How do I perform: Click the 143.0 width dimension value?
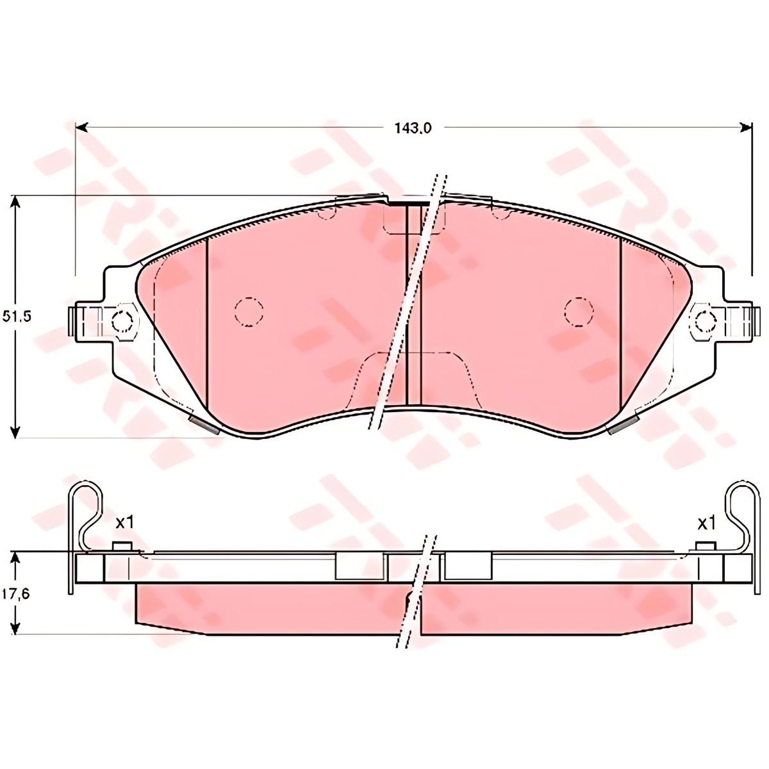413,129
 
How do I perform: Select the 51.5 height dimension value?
17,317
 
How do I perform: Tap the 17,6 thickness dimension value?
16,593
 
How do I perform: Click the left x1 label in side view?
124,522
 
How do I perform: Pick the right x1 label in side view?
706,524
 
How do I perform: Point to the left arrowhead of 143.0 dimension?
81,128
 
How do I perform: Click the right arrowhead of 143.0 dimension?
746,128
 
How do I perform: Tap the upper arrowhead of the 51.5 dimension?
15,202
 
